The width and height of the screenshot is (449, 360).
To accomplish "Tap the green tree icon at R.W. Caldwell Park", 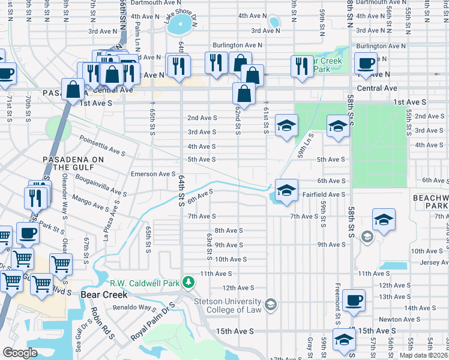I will point(188,282).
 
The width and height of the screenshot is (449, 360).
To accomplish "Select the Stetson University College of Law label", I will point(234,306).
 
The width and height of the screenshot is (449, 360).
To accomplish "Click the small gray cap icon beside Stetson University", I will point(271,306).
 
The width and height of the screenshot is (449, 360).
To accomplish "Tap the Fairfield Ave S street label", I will point(324,194).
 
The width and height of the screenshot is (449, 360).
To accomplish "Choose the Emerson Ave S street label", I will point(152,174).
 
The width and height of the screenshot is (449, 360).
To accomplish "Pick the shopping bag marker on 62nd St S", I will point(244,93).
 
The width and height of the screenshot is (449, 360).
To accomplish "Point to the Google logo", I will point(20,353).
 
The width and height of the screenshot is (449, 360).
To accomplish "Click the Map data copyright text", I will point(423,355).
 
